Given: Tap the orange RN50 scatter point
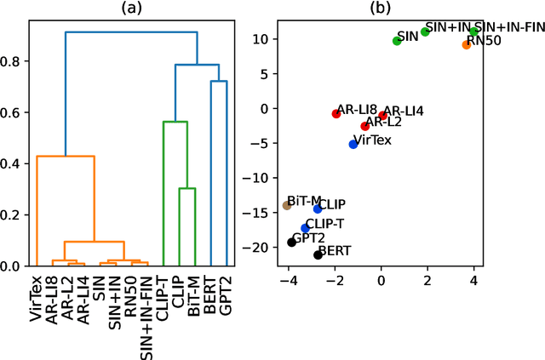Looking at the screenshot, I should click(467, 44).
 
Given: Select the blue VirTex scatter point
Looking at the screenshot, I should click(353, 144).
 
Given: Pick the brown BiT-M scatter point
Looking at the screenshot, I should click(287, 205).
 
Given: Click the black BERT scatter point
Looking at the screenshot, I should click(318, 254).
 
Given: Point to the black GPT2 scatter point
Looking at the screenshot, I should click(292, 243).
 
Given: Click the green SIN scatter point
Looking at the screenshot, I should click(397, 41).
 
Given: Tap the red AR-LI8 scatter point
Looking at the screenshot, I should click(336, 113).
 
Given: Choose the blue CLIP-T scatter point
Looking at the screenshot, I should click(306, 228).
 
